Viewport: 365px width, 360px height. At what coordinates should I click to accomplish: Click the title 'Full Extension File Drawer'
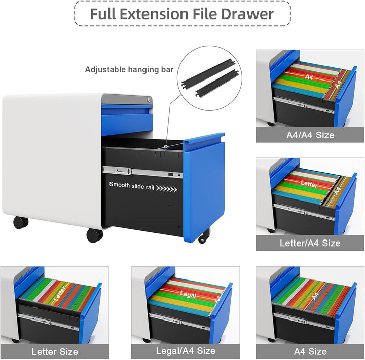click(x=182, y=14)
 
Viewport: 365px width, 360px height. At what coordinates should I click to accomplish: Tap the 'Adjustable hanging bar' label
click(x=129, y=69)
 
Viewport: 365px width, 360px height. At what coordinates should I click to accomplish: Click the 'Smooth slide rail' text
click(x=131, y=186)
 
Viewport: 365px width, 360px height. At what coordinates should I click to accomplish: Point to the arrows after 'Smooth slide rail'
click(x=166, y=189)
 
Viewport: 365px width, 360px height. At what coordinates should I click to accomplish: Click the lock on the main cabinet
click(x=149, y=100)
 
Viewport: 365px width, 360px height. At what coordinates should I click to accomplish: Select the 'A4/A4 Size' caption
click(x=310, y=135)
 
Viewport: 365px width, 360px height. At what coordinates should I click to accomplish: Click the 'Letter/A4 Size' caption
click(x=310, y=243)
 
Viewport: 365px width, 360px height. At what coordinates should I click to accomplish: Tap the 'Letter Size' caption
click(x=55, y=351)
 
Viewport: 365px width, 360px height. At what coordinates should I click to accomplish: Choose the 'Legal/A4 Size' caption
click(x=186, y=351)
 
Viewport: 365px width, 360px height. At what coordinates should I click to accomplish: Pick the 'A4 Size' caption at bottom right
click(x=310, y=351)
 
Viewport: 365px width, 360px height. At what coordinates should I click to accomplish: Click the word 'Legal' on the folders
click(x=188, y=294)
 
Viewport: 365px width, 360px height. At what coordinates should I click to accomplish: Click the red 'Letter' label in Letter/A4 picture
click(x=309, y=183)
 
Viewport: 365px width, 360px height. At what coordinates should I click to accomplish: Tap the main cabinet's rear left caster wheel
click(x=21, y=223)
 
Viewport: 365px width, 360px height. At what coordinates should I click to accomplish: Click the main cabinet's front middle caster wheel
click(x=94, y=235)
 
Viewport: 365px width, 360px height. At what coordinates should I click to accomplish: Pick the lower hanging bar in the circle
click(x=217, y=83)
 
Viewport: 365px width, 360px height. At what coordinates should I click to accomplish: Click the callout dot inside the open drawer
click(x=166, y=146)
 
